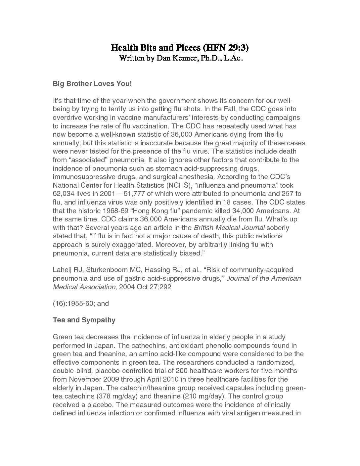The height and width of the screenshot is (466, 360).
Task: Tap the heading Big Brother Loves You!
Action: pyautogui.click(x=92, y=84)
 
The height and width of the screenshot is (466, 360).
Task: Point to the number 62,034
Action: pyautogui.click(x=64, y=194)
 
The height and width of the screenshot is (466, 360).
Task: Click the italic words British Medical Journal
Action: pyautogui.click(x=229, y=228)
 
